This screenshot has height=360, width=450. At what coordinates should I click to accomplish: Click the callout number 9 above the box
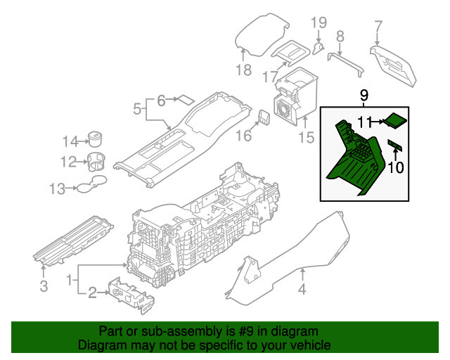(364, 95)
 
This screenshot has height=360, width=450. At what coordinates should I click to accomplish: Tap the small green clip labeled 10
(395, 146)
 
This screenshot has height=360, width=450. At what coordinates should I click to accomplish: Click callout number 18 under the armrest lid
(243, 70)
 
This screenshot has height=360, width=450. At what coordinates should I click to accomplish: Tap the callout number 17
(270, 76)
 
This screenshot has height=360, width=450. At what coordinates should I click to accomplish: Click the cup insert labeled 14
(94, 136)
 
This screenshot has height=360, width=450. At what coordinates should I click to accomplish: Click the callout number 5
(139, 109)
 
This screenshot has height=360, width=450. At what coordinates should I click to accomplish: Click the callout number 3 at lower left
(44, 285)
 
